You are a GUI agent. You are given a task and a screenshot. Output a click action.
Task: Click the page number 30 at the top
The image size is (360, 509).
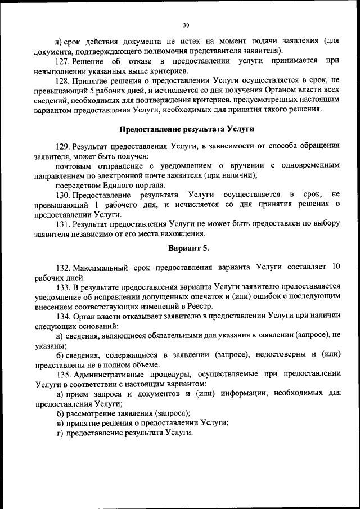coord(186,25)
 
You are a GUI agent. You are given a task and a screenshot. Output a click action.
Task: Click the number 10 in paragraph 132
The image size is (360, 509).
coord(336,267)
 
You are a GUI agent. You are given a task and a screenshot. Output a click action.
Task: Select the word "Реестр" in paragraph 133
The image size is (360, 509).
coord(200,306)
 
